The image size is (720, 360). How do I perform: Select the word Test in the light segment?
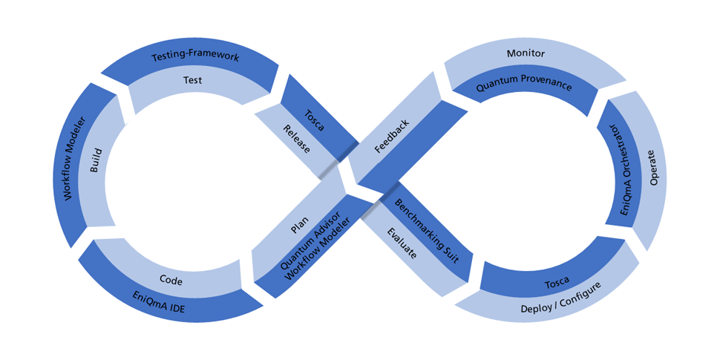(x=193, y=80)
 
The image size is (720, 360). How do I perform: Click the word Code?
(x=171, y=280)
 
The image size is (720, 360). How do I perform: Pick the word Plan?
(x=301, y=223)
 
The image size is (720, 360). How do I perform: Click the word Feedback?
(x=392, y=137)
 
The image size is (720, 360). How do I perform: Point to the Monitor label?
(x=526, y=53)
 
